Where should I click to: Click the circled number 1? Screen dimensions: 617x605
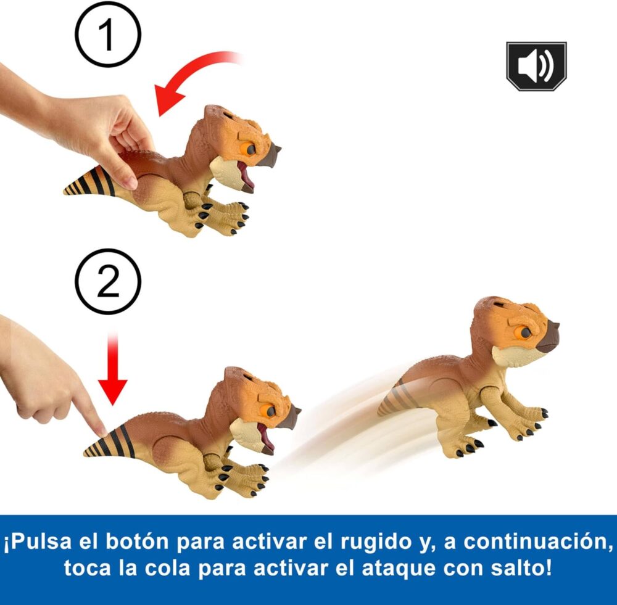tap(108, 34)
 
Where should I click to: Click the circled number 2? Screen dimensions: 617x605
tap(108, 281)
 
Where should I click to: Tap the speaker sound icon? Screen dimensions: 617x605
tap(536, 66)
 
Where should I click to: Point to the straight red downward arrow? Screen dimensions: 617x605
tap(112, 368)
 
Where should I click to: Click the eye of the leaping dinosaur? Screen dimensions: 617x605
tap(525, 333)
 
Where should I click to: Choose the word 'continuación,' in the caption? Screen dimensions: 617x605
tap(537, 542)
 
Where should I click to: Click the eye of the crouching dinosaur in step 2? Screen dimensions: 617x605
tap(270, 411)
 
